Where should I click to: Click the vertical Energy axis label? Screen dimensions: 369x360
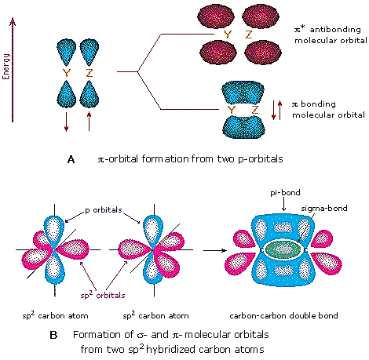click(5, 67)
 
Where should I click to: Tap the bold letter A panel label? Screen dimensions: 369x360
click(71, 159)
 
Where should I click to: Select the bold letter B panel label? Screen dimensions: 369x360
click(53, 335)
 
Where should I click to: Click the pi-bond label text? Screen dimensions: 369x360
click(285, 193)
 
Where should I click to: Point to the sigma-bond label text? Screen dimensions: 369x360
click(324, 209)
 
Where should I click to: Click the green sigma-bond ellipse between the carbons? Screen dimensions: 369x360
click(283, 249)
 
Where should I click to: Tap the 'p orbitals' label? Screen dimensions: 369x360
click(104, 210)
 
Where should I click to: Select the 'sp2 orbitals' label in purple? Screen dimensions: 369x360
click(103, 295)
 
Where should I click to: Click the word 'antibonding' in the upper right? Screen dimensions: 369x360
click(335, 29)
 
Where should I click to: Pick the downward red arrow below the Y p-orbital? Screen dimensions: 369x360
click(66, 122)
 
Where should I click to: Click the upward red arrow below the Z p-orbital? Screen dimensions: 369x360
click(90, 121)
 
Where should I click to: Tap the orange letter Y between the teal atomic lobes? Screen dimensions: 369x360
click(67, 73)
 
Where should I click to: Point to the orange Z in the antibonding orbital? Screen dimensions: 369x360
click(249, 35)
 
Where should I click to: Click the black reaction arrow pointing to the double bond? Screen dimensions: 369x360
click(215, 250)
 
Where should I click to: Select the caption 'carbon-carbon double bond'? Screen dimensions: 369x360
click(283, 315)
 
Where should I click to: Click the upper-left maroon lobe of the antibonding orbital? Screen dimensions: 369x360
click(216, 16)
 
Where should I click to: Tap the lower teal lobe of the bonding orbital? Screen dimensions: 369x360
click(243, 127)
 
